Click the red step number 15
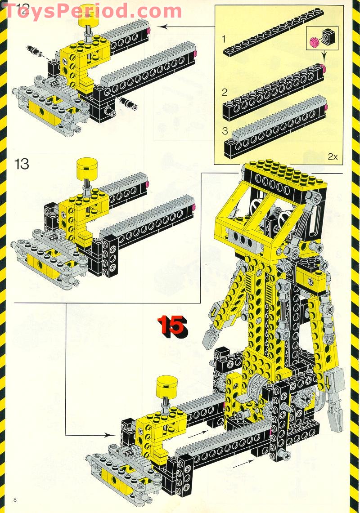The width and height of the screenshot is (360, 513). (x=171, y=326)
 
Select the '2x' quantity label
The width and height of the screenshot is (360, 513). (x=333, y=156)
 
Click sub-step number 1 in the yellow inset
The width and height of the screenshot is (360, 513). (x=225, y=40)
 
